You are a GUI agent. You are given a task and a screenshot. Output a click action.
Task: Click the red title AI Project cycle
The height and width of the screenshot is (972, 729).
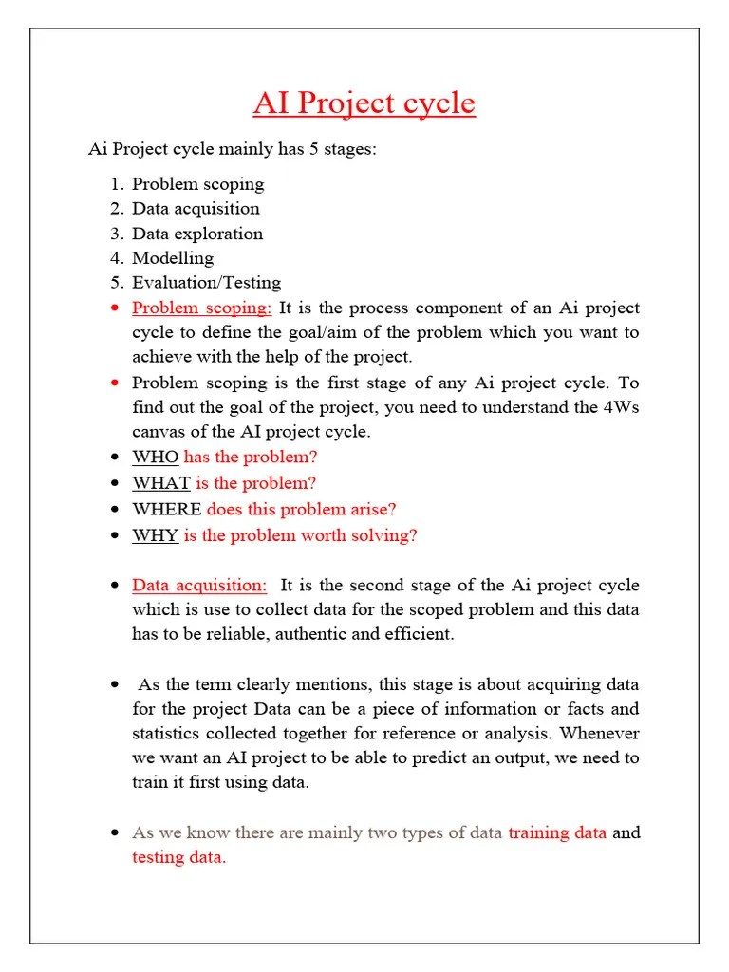click(x=364, y=103)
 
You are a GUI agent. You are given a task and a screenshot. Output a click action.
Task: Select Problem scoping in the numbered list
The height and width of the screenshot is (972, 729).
click(x=197, y=183)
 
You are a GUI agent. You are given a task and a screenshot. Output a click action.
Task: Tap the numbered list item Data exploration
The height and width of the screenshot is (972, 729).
click(x=197, y=233)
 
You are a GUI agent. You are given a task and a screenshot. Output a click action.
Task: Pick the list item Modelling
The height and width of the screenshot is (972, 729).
click(x=173, y=257)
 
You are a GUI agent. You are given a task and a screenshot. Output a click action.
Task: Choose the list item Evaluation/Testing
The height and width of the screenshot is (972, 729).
click(x=206, y=282)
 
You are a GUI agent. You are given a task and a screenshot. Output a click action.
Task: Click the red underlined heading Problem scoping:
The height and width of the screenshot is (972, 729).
click(x=201, y=308)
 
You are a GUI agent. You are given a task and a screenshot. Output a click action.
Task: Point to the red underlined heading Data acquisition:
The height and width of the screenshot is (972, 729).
click(x=199, y=585)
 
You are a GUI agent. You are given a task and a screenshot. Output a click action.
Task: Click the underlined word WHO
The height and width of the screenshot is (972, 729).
click(x=155, y=457)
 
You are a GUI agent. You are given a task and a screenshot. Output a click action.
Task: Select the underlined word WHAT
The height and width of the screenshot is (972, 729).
click(x=160, y=482)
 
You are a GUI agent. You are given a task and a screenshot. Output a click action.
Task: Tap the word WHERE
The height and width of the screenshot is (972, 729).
click(x=166, y=509)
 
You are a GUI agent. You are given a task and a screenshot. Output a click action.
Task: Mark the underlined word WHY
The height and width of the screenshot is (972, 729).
click(x=155, y=534)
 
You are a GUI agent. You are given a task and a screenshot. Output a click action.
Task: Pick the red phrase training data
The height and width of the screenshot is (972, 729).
click(x=557, y=832)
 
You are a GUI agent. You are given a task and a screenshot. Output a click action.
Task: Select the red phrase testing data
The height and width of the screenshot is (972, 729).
click(x=178, y=857)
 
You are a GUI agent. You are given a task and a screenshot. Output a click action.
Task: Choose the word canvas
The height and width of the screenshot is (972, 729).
click(x=159, y=432)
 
